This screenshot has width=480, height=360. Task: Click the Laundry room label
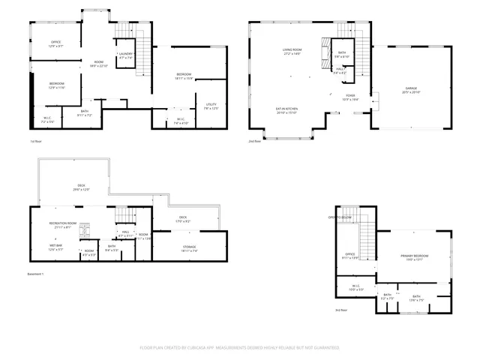(x=125, y=55)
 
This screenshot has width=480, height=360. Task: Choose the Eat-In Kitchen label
(x=287, y=109)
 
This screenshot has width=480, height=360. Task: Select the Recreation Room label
(x=63, y=224)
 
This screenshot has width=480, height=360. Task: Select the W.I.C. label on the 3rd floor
(x=356, y=286)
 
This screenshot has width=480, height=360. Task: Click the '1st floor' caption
(x=34, y=141)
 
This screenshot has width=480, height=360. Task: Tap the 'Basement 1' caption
(x=37, y=274)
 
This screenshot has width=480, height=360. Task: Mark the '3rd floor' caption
(x=341, y=310)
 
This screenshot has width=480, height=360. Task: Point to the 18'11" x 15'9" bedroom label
(x=184, y=76)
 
